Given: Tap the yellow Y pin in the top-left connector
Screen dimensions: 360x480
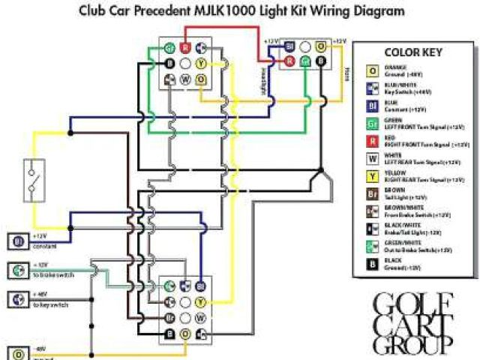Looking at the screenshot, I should coord(201,63).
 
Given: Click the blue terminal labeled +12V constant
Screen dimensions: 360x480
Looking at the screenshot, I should coord(16,241).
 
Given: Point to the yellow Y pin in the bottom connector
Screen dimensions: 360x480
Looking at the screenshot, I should coord(200,302).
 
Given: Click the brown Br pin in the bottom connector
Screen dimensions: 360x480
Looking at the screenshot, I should coord(169,318).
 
